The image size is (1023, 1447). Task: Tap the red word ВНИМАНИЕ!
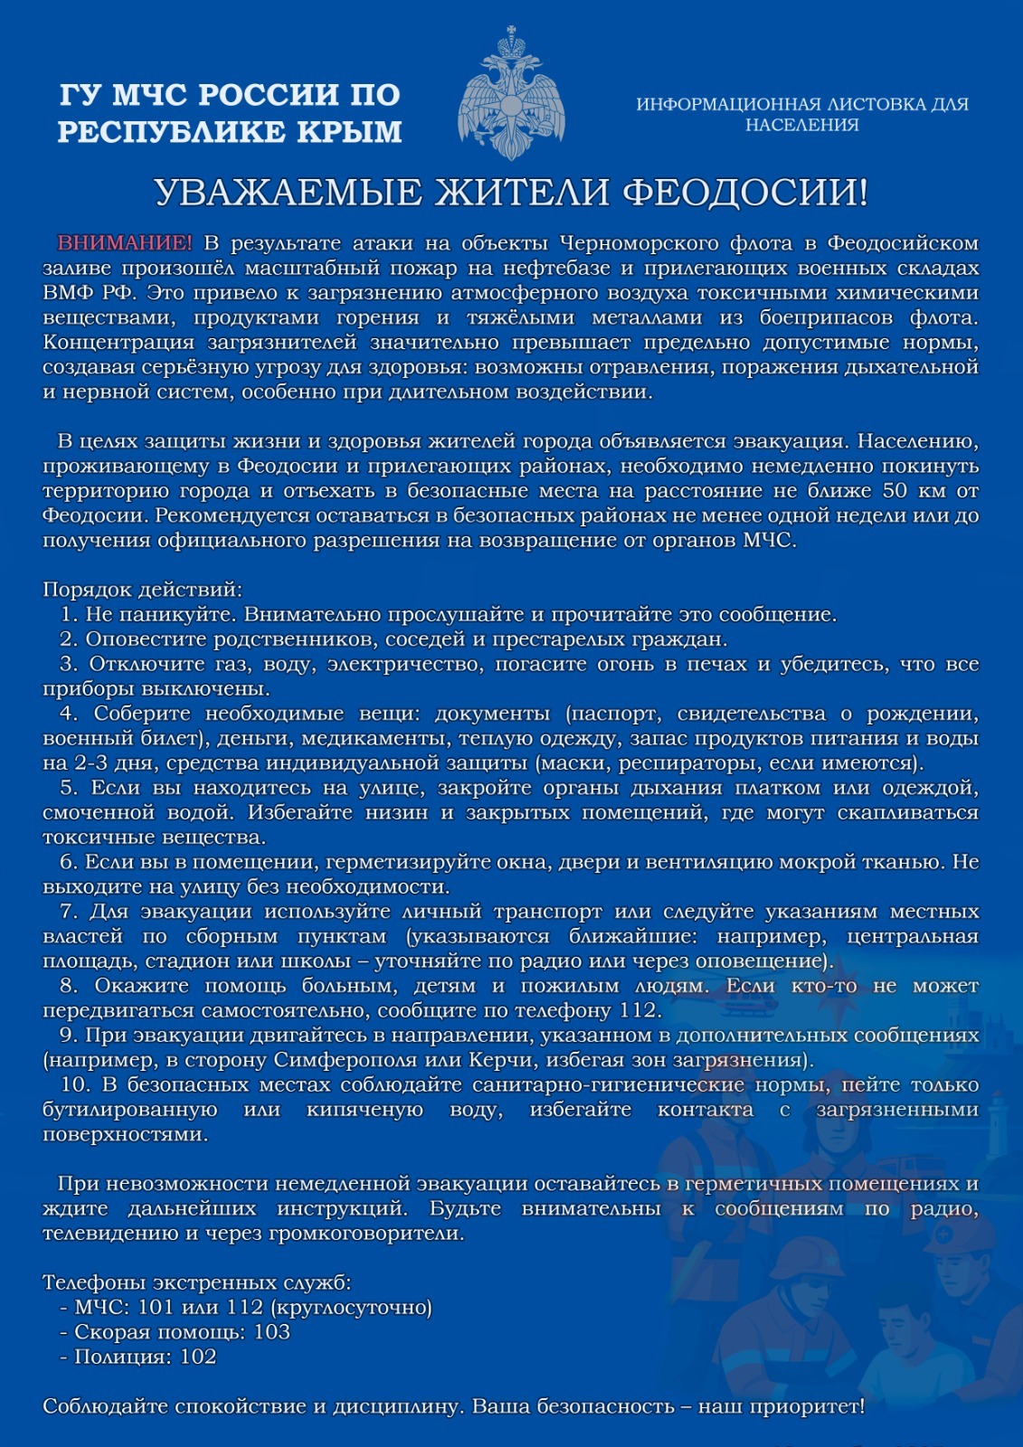tap(125, 243)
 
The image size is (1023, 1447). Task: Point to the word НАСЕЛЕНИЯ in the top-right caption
tap(801, 125)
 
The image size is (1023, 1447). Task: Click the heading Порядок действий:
tap(143, 590)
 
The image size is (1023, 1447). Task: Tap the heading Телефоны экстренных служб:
tap(197, 1282)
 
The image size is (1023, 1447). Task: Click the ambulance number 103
tap(272, 1332)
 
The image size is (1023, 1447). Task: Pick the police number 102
tap(198, 1357)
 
